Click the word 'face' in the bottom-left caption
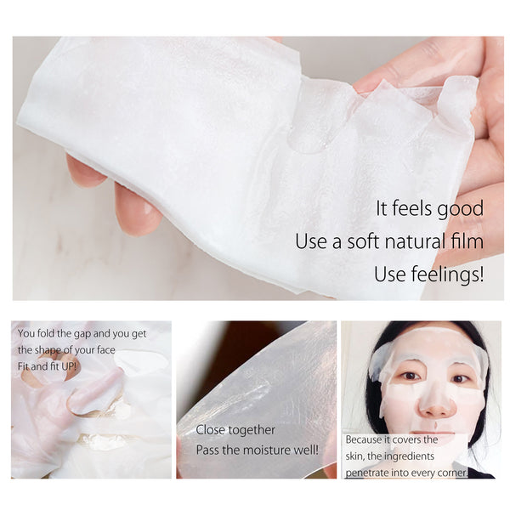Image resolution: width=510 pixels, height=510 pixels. [127, 349]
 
